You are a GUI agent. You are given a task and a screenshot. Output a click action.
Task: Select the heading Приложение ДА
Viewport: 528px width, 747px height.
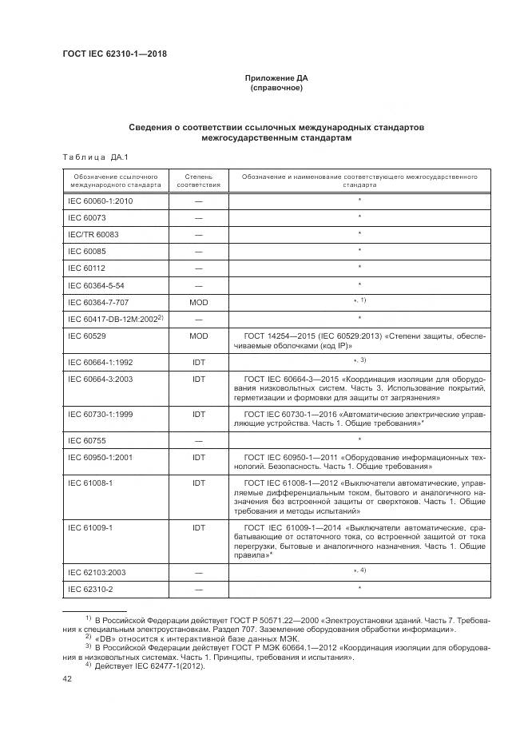click(x=276, y=78)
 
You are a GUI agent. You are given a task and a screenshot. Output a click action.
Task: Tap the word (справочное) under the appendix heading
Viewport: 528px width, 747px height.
click(x=276, y=88)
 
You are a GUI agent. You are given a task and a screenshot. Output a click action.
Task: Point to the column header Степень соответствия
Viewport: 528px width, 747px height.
click(x=198, y=179)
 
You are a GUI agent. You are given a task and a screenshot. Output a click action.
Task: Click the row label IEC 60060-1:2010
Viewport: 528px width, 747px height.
click(x=100, y=201)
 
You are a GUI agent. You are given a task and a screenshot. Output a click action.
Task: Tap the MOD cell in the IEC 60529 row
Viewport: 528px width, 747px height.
click(x=198, y=336)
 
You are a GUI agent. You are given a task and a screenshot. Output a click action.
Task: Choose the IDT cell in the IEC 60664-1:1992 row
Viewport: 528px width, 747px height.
click(x=198, y=362)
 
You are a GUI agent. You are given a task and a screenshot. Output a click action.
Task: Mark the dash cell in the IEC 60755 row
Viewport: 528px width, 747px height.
click(x=198, y=440)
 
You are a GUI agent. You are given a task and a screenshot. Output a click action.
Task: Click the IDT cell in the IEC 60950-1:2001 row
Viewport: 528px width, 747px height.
click(x=198, y=458)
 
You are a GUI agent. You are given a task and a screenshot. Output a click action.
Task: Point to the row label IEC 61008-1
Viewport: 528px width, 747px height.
click(x=89, y=483)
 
